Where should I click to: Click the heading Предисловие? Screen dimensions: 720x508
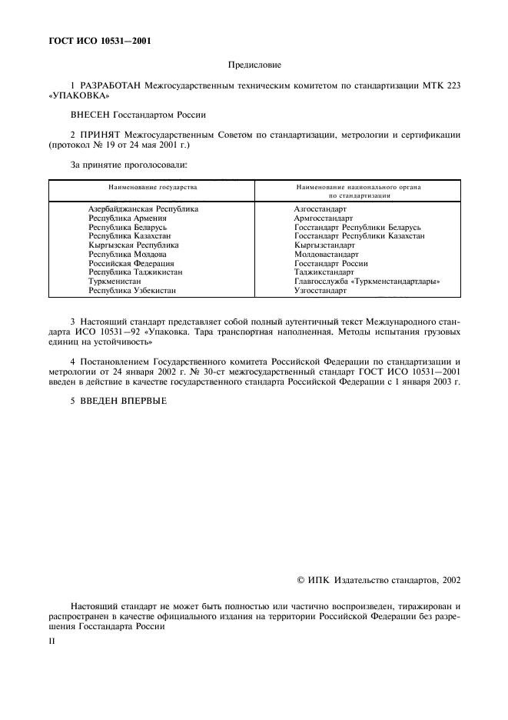coord(254,66)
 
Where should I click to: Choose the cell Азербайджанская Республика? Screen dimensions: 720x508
coord(144,209)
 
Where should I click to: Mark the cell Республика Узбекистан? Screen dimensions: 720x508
coord(132,292)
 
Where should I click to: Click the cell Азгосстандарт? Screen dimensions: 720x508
coord(320,209)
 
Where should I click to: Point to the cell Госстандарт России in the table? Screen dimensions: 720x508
coord(330,264)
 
